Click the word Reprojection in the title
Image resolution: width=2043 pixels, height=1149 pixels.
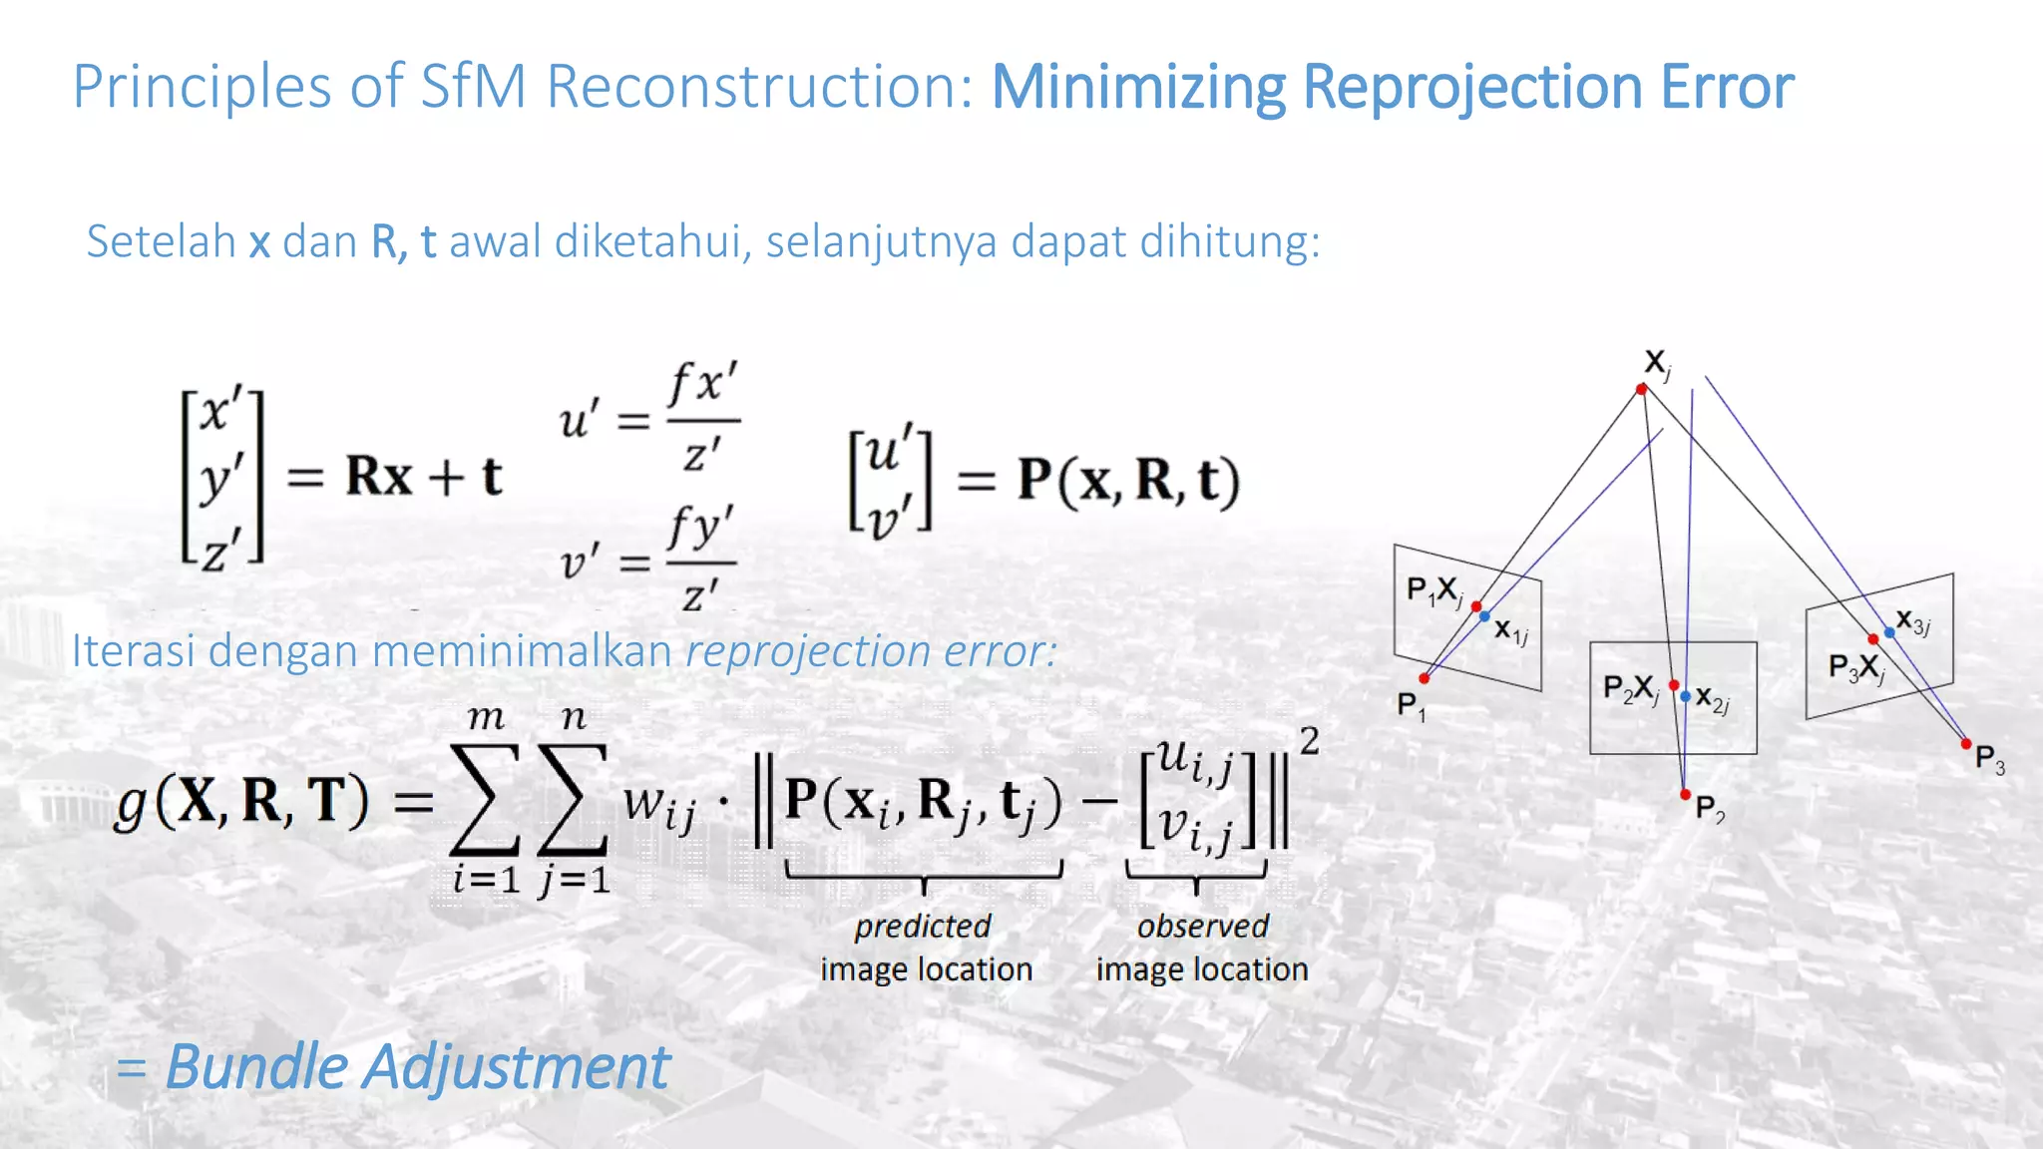click(1472, 87)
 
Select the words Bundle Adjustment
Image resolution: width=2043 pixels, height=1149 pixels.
click(417, 1066)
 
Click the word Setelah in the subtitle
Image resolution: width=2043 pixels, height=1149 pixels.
click(161, 241)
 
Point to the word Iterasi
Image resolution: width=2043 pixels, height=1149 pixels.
click(134, 651)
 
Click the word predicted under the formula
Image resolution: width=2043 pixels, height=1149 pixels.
click(923, 927)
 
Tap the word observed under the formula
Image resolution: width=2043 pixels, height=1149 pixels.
click(1202, 927)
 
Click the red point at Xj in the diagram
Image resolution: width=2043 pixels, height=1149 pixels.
click(1642, 389)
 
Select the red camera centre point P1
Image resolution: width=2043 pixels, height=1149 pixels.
click(1425, 678)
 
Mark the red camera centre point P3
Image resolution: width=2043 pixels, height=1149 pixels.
click(1966, 743)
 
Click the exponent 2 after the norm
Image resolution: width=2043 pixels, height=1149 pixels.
click(1309, 740)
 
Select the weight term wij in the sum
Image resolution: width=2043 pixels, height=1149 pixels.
click(659, 804)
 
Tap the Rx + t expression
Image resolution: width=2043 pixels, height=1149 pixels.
click(423, 477)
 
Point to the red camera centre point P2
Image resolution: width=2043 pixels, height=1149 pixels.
click(1685, 794)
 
